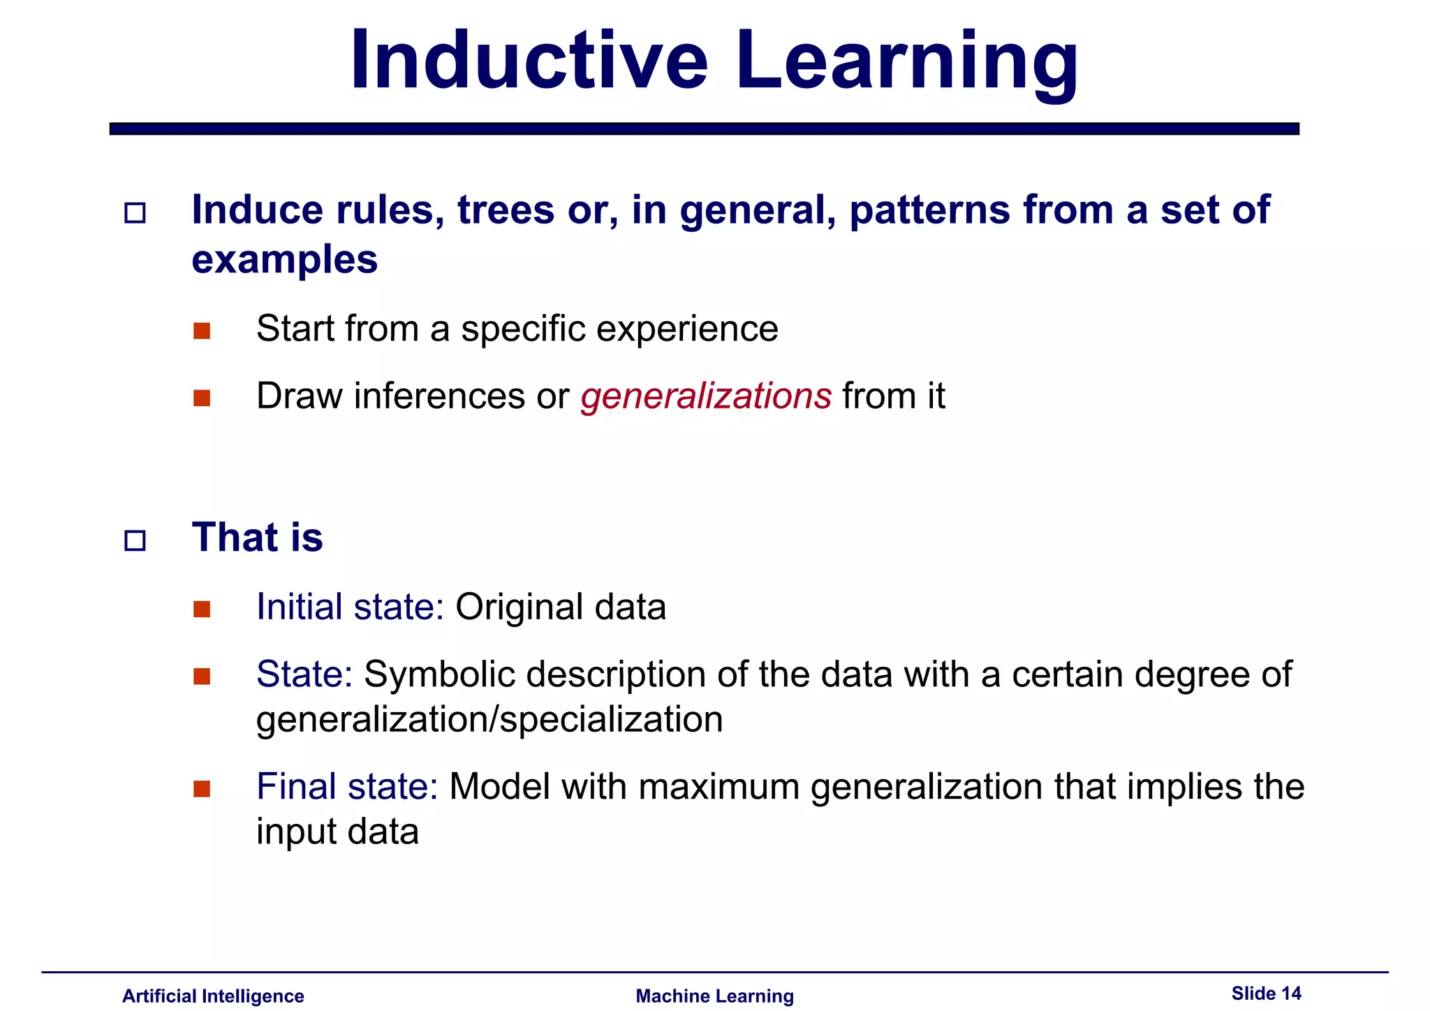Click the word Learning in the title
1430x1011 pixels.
906,63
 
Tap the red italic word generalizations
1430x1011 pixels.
705,396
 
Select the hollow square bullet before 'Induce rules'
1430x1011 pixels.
135,213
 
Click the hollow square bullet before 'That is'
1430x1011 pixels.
135,540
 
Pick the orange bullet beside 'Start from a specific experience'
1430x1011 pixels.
202,331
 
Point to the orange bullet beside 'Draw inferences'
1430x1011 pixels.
202,398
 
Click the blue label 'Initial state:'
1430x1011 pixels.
350,606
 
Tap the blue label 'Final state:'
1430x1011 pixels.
346,786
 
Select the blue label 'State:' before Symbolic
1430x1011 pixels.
304,674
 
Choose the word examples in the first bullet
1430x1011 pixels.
284,260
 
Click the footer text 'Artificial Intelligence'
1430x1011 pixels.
213,996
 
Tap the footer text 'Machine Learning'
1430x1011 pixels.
714,996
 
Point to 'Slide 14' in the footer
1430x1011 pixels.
1266,993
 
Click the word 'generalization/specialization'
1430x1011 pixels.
489,720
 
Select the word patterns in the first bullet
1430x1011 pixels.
929,209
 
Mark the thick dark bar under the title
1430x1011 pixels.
704,128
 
